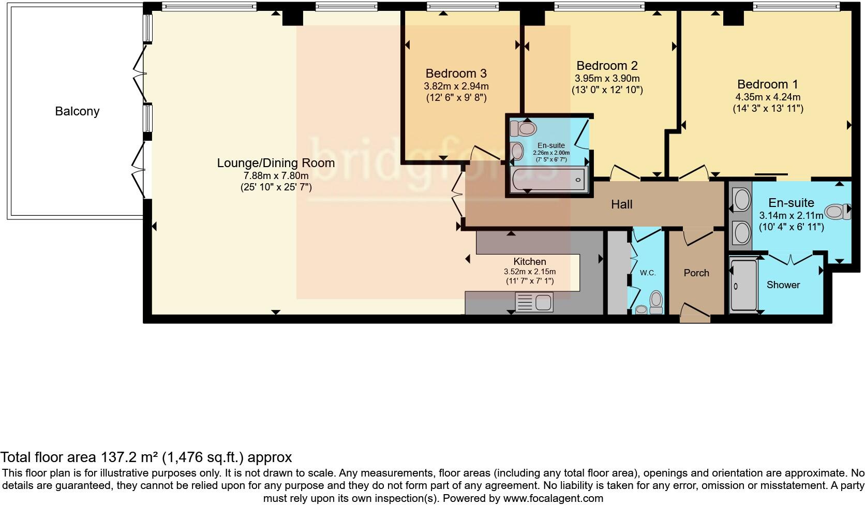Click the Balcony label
pos(77,111)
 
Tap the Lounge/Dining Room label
pos(276,163)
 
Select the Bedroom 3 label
pos(456,73)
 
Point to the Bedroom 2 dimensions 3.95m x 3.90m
pos(607,78)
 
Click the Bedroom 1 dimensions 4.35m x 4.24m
pos(768,97)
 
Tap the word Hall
pos(622,204)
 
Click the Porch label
pos(696,273)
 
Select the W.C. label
pos(648,273)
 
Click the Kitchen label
pos(530,261)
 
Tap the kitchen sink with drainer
pos(534,302)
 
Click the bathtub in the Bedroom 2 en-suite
pos(549,180)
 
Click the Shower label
pos(783,285)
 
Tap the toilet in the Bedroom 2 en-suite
pos(523,128)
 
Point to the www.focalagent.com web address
pos(553,498)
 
